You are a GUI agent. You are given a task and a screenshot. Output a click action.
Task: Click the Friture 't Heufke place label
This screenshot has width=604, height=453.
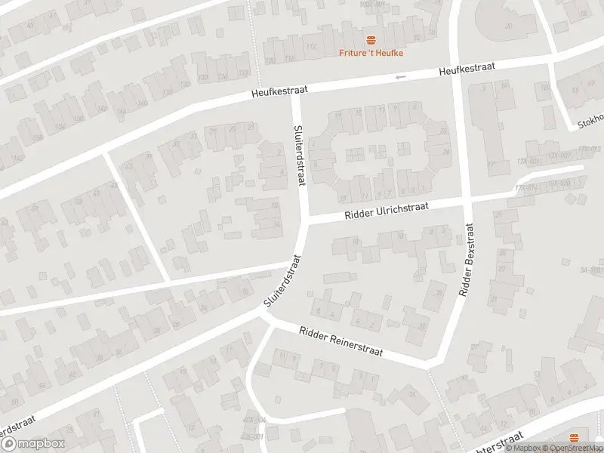[x=370, y=52]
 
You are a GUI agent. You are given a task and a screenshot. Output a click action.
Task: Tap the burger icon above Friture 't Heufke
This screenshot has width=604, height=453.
[x=370, y=39]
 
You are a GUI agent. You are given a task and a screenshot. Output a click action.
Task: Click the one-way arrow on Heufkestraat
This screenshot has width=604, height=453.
[x=400, y=76]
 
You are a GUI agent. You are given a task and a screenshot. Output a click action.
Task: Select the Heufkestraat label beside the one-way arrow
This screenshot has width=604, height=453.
[x=468, y=69]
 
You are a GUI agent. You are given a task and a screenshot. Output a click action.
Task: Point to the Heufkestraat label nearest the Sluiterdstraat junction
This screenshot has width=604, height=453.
[x=280, y=91]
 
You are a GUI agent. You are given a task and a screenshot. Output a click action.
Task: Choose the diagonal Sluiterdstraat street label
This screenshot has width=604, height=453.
[x=283, y=280]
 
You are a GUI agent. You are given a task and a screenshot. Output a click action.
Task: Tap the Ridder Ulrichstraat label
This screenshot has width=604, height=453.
[x=387, y=212]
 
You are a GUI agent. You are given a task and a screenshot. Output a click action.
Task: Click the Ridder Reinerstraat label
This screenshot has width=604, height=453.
[x=341, y=342]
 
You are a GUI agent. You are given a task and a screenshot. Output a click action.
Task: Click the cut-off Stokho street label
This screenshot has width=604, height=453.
[x=592, y=120]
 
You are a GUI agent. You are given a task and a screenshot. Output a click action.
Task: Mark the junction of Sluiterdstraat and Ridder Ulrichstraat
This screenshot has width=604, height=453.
[x=305, y=221]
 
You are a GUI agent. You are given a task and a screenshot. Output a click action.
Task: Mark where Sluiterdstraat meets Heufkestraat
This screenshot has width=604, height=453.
[x=294, y=94]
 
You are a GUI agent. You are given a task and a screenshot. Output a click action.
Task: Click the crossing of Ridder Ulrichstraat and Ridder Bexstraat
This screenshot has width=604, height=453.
[x=466, y=201]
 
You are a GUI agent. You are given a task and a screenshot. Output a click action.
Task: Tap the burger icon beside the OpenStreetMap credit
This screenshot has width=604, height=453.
[x=575, y=437]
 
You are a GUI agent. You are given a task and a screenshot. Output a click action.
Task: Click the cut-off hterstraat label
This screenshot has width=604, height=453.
[x=495, y=443]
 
